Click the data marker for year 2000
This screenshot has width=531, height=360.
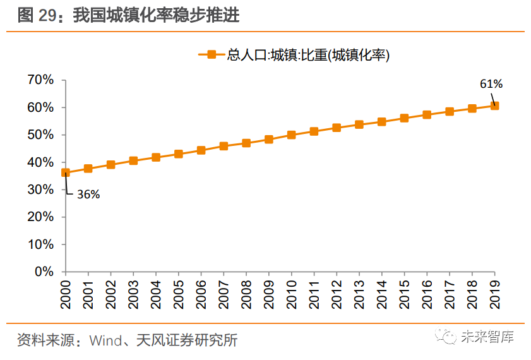66,172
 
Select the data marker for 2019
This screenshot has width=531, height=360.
495,105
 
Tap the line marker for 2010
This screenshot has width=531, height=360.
292,135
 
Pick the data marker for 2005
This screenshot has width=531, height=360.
179,154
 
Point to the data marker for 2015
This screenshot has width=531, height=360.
405,118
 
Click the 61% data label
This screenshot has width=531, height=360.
491,83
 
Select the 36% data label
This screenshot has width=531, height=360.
88,195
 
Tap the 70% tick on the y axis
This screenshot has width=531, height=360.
40,80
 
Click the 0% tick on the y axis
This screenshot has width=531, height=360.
44,272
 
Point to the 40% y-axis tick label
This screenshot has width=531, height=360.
40,162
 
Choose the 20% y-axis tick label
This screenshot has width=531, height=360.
40,217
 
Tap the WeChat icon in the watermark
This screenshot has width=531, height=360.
449,337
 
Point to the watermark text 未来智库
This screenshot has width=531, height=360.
487,337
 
